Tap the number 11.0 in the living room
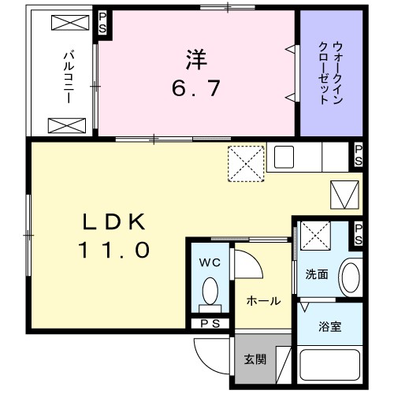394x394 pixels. coord(113,251)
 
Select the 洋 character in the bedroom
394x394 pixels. coord(197,58)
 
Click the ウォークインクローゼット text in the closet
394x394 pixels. coord(330,72)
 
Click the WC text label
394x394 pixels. coord(210,262)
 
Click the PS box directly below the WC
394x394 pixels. coord(210,323)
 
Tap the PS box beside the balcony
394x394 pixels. coord(103,22)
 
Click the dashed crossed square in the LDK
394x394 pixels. coord(245,164)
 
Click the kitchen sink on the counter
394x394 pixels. coord(284,154)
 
